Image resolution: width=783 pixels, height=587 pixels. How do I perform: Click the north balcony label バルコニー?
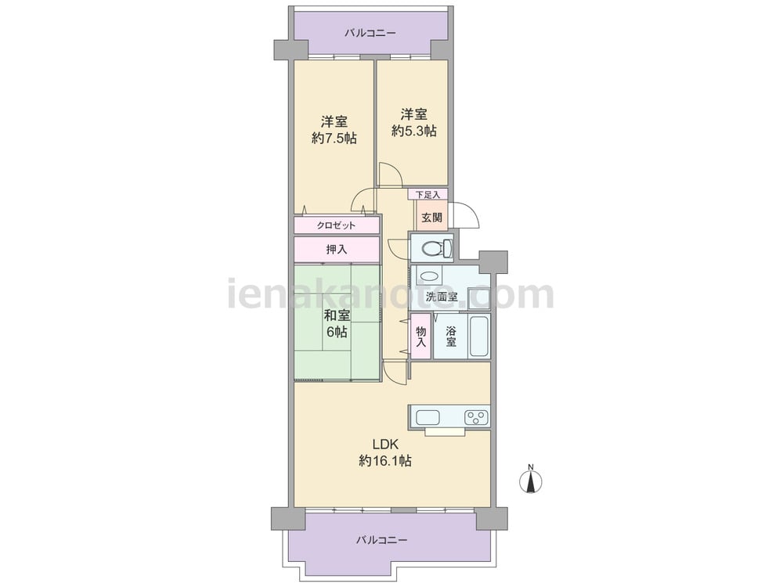[370, 34]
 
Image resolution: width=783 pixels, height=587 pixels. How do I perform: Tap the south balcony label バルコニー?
[382, 540]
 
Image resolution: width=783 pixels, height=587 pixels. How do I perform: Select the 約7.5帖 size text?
[334, 139]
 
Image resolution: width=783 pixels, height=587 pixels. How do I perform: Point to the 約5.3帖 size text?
[414, 131]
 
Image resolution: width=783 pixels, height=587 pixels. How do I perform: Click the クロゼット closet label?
[336, 225]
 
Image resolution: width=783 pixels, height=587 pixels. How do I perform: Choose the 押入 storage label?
[337, 249]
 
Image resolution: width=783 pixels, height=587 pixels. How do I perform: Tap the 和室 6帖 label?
[337, 323]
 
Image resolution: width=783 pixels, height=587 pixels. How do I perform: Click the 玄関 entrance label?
[431, 218]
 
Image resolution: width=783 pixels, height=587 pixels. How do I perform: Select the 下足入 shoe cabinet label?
[428, 195]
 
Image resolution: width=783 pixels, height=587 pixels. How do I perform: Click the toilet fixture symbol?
[437, 248]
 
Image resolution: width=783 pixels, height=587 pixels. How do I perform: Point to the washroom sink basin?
[428, 275]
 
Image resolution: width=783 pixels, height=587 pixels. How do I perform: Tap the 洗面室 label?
[442, 297]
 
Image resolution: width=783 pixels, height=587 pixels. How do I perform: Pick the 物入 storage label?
[421, 337]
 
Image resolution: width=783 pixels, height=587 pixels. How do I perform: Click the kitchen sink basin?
[428, 417]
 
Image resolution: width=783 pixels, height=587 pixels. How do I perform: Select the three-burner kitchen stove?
[476, 417]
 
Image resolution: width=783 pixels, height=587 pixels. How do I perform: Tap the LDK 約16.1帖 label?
[385, 452]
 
